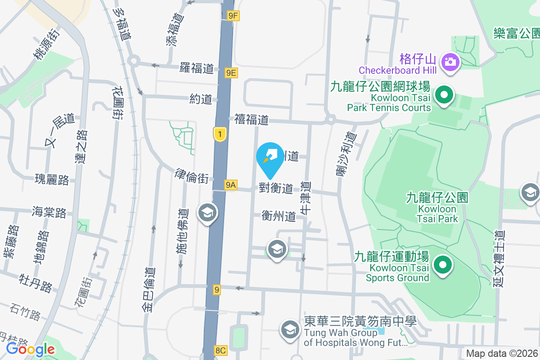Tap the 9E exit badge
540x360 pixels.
click(231, 72)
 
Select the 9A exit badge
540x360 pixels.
click(231, 184)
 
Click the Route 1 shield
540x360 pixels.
click(219, 134)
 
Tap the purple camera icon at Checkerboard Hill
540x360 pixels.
click(450, 61)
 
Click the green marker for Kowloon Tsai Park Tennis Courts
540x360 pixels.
click(445, 95)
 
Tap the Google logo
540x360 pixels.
click(31, 349)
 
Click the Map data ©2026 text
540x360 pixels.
click(502, 354)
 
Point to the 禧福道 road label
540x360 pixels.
click(251, 120)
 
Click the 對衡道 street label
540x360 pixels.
click(276, 188)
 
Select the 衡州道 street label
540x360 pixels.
click(279, 216)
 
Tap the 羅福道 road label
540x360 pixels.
click(196, 68)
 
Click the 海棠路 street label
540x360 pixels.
click(49, 212)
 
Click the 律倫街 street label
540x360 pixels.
click(192, 176)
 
